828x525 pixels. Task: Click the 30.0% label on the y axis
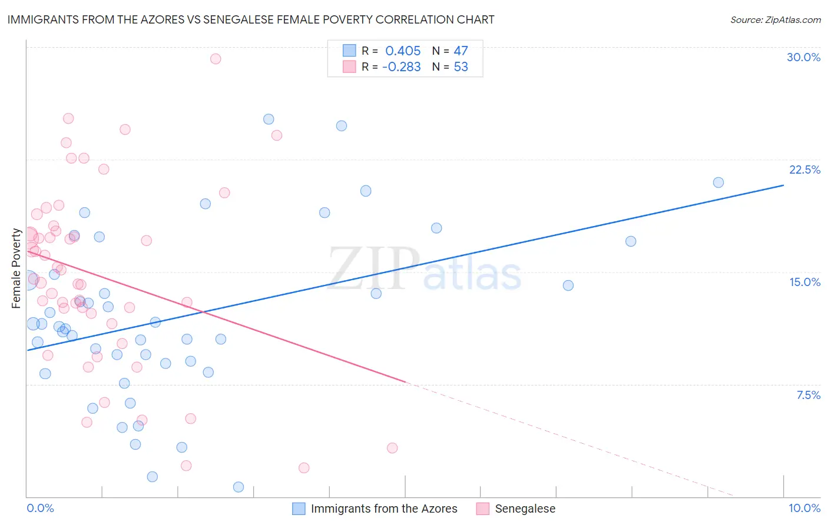tap(803, 57)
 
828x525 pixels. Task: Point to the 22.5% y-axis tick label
tap(804, 170)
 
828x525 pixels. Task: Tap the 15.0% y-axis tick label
tap(804, 282)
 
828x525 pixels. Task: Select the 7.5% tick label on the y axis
tap(808, 395)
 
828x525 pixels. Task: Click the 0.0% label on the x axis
tap(40, 508)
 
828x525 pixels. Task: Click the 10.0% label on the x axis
tap(804, 508)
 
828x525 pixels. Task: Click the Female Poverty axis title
tap(16, 268)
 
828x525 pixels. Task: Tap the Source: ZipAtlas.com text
tap(775, 19)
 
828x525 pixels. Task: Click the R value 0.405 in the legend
tap(403, 51)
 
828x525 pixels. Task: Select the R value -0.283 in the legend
tap(401, 67)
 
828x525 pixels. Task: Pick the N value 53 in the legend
tap(461, 67)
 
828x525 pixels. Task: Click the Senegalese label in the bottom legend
tap(525, 509)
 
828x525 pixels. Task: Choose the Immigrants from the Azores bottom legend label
tap(384, 509)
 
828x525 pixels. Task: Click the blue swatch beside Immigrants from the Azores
tap(299, 509)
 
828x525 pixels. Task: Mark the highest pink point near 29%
tap(216, 59)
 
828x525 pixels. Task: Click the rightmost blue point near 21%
tap(718, 182)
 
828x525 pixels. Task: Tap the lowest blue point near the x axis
tap(239, 487)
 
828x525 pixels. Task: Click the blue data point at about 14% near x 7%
tap(568, 285)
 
